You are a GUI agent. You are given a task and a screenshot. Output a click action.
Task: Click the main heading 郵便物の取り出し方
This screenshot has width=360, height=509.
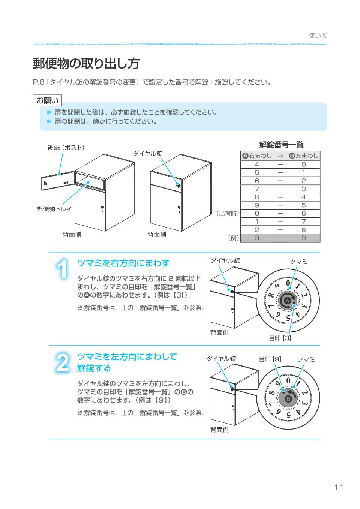(x=86, y=64)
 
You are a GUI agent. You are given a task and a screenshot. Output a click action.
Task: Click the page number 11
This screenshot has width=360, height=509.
(x=339, y=487)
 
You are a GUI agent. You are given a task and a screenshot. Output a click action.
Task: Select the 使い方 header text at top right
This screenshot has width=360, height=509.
(x=318, y=36)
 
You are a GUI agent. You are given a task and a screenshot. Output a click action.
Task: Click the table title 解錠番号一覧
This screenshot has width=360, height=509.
(x=281, y=145)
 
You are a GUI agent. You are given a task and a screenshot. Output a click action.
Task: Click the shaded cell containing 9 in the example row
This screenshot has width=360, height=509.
(x=303, y=238)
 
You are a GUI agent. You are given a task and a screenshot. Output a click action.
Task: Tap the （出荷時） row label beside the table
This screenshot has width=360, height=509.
(x=227, y=213)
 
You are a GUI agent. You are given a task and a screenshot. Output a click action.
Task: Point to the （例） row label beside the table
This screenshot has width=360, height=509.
(x=233, y=238)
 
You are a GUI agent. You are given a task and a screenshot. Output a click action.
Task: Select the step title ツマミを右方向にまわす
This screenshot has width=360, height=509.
(x=123, y=263)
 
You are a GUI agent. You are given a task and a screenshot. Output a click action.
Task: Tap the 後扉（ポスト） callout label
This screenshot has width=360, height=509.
(x=66, y=147)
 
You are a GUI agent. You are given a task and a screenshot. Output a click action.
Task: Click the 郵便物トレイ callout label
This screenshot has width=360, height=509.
(x=54, y=209)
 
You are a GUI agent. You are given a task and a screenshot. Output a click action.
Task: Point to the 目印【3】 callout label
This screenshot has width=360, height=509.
(x=280, y=338)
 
